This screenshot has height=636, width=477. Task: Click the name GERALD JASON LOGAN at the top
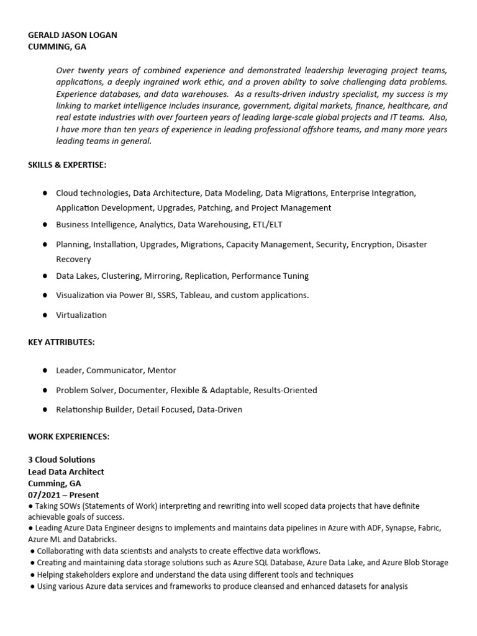(x=72, y=35)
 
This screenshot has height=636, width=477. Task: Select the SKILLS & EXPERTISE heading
(x=67, y=165)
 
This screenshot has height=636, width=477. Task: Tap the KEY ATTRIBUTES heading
(x=61, y=342)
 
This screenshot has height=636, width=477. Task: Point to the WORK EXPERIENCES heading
(x=68, y=437)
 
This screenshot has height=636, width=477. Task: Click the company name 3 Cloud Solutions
(x=61, y=460)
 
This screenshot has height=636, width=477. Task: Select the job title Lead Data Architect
(x=66, y=471)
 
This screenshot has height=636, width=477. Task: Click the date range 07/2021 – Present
(x=63, y=495)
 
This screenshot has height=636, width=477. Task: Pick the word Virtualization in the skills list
(x=81, y=315)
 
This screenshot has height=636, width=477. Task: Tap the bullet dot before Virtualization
(x=45, y=315)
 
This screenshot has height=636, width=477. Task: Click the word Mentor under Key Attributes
(x=161, y=370)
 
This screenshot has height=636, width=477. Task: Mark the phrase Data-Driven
(x=219, y=409)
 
